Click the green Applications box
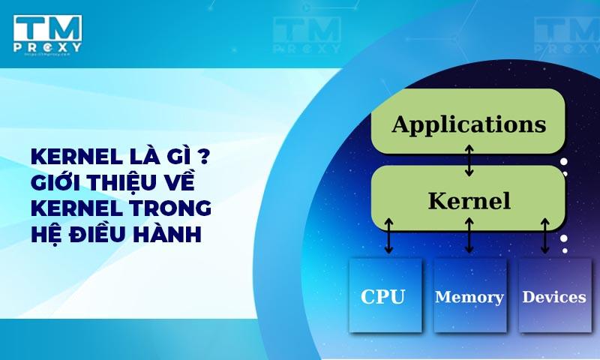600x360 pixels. coord(468,122)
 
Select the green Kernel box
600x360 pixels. coord(468,199)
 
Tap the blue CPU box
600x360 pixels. coord(383,296)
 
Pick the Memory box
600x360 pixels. coord(469,296)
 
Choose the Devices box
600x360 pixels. coord(554,296)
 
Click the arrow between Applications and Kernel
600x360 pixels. coord(469,160)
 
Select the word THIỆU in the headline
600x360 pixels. coord(127,182)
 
